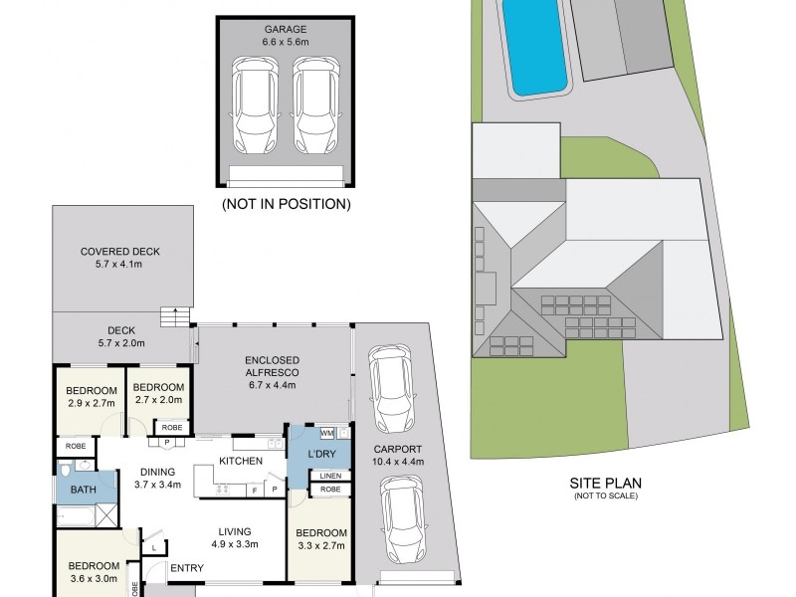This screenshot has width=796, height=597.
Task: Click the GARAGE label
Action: click(x=286, y=30)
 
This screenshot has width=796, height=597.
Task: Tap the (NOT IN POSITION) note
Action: click(x=287, y=204)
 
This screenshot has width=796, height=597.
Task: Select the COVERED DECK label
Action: click(x=120, y=252)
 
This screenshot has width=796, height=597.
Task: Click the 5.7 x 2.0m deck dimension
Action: click(x=121, y=343)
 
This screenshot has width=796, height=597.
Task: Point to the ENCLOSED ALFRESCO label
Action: click(x=272, y=366)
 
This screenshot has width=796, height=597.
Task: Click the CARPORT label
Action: click(x=397, y=450)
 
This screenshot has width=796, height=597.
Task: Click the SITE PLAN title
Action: click(x=606, y=483)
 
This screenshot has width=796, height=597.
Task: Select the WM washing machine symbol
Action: click(x=327, y=434)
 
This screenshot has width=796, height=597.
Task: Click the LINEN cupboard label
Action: click(x=330, y=476)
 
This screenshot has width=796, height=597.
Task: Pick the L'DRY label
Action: click(x=321, y=454)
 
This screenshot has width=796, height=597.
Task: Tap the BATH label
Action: click(x=84, y=490)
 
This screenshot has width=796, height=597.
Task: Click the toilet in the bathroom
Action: click(x=65, y=470)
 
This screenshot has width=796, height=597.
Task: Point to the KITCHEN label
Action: click(x=241, y=461)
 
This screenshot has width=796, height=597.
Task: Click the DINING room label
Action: click(x=158, y=472)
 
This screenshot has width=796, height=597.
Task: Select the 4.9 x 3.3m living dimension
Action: click(x=235, y=544)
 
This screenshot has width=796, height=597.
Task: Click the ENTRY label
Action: click(x=187, y=568)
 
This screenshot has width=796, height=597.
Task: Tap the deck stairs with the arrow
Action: click(x=175, y=316)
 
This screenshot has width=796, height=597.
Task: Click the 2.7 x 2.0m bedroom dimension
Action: click(x=159, y=400)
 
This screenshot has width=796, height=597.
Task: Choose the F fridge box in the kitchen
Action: click(x=255, y=490)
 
